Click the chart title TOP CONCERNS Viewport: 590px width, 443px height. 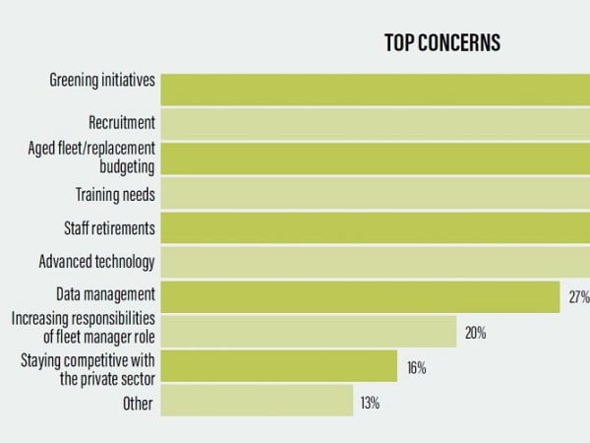click(x=442, y=43)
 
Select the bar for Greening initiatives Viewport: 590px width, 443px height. click(x=374, y=88)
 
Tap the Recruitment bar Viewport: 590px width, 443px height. click(x=374, y=123)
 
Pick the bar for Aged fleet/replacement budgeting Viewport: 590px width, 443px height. click(x=374, y=158)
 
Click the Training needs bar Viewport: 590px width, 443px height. click(x=374, y=194)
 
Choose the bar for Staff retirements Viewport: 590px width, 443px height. click(x=374, y=227)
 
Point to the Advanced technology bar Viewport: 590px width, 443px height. click(x=374, y=262)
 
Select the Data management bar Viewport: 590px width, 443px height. click(x=360, y=295)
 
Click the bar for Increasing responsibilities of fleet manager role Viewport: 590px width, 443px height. click(x=309, y=331)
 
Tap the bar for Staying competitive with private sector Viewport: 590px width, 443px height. click(x=279, y=366)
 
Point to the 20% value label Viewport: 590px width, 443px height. click(x=476, y=333)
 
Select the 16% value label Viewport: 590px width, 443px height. click(x=416, y=368)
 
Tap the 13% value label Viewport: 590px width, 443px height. click(x=370, y=403)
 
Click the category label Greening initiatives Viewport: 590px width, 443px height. click(x=102, y=80)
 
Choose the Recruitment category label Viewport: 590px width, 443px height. click(x=122, y=123)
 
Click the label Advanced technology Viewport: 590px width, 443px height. click(x=96, y=262)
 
